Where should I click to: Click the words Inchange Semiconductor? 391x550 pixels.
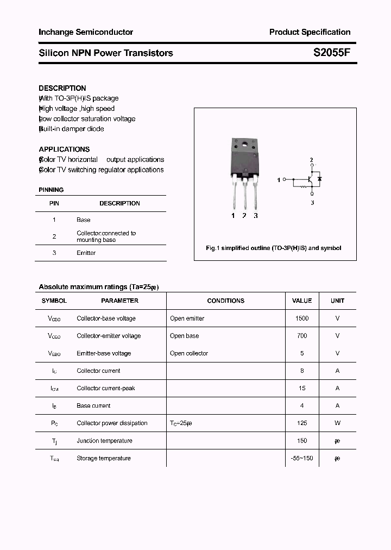tap(86, 32)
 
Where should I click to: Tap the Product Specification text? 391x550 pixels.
tap(310, 32)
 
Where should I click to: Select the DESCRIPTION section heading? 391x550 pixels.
tap(62, 88)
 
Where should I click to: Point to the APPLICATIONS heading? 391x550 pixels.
tap(64, 149)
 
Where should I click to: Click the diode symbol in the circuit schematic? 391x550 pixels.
tap(319, 178)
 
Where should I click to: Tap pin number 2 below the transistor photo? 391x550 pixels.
tap(244, 216)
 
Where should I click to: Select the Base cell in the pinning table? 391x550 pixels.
tap(84, 220)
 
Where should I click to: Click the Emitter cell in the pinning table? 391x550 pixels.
tap(86, 253)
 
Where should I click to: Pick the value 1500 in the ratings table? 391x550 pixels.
tap(302, 318)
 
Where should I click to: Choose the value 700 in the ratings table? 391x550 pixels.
tap(302, 336)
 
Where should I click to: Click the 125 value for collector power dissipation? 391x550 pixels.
tap(302, 423)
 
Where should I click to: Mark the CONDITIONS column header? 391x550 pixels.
tap(226, 301)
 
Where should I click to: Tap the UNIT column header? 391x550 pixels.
tap(337, 301)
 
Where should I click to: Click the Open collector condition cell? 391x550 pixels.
tap(189, 353)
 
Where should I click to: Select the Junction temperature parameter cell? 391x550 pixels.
tap(104, 441)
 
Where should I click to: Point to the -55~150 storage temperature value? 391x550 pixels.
tap(302, 458)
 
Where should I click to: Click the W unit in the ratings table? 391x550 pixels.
tap(337, 423)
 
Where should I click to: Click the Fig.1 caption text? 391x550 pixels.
tap(274, 248)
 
